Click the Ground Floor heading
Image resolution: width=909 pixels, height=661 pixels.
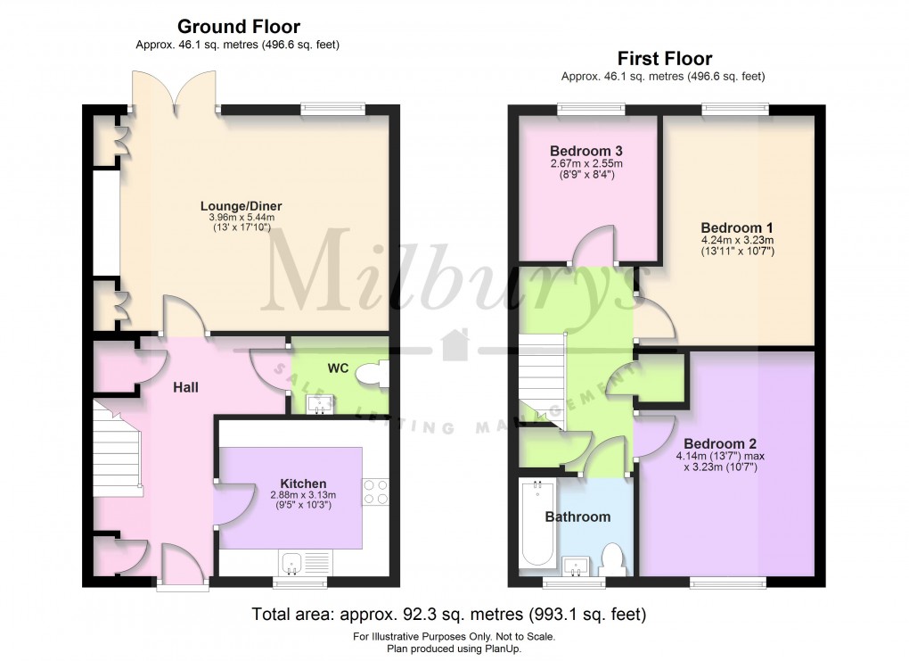coord(238,27)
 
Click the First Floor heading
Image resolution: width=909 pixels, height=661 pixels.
coord(663,60)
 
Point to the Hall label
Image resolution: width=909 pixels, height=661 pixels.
coord(185,387)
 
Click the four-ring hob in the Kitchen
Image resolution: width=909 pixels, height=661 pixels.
coord(373,492)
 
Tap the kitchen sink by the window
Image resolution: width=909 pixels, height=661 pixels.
coord(293,562)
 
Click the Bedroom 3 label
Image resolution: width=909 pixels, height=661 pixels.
coord(586,150)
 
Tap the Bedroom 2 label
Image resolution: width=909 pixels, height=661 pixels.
coord(720,443)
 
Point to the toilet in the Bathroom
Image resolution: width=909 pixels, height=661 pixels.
coord(612,560)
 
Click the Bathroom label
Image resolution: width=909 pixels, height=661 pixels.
coord(577,516)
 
